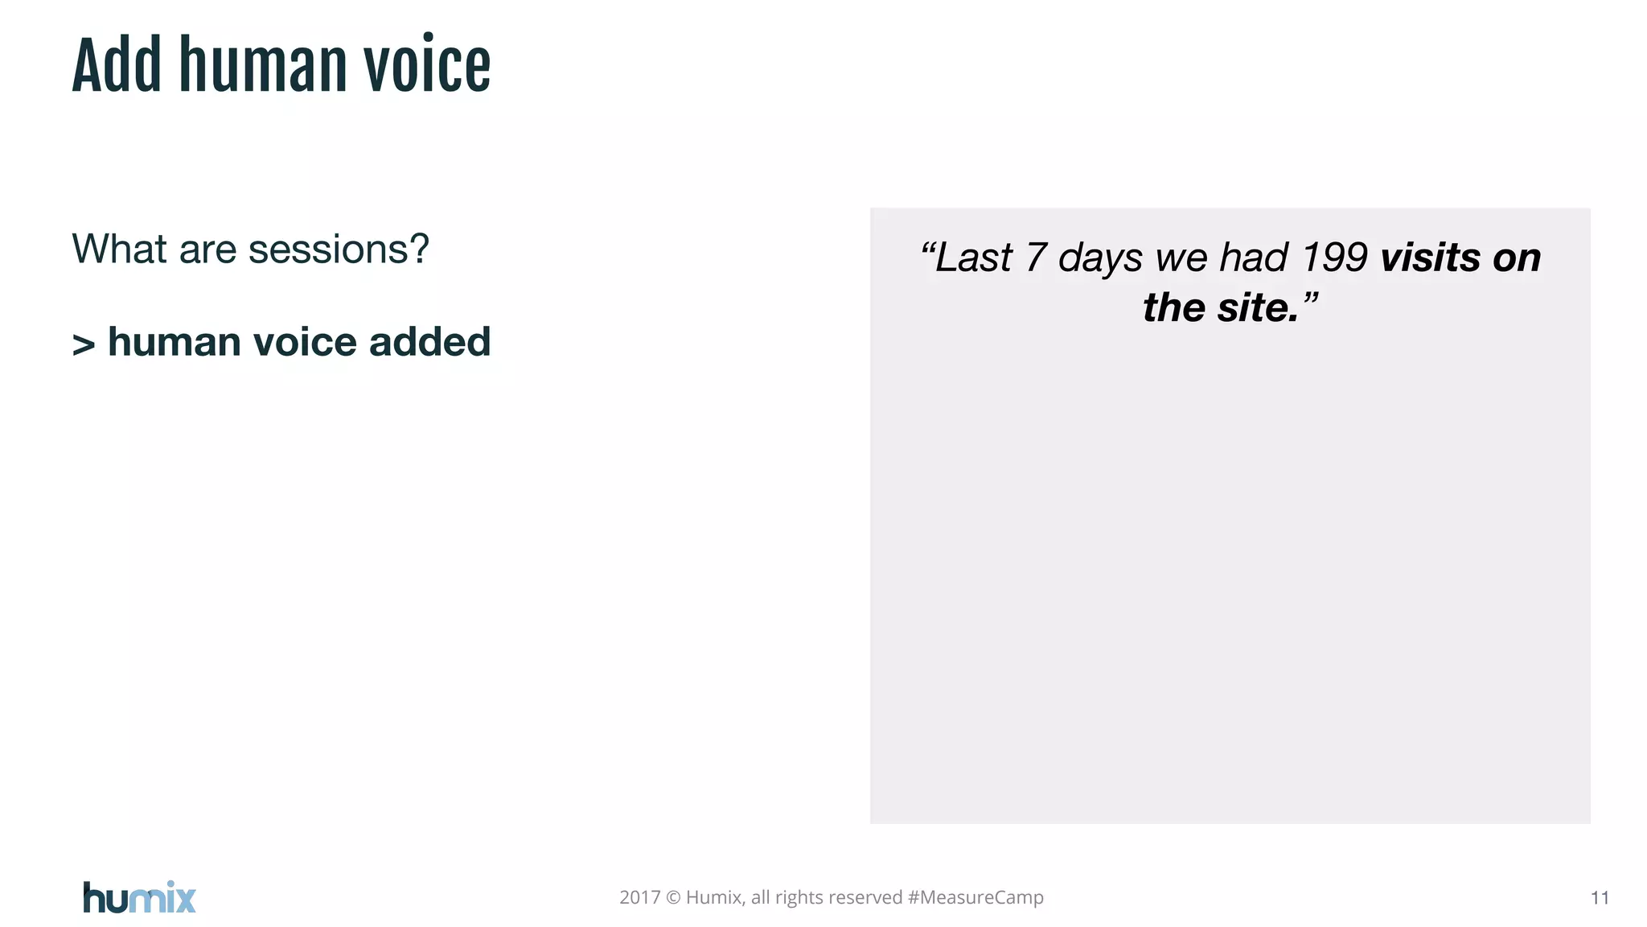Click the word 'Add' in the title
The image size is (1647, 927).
[117, 66]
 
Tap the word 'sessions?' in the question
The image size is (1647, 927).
[339, 249]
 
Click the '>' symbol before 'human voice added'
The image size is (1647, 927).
[84, 344]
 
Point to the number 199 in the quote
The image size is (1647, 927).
[1334, 258]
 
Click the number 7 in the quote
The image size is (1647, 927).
[1036, 258]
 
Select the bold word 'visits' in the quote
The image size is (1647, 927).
[1430, 258]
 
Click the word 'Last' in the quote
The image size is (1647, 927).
[973, 258]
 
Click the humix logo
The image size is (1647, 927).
[139, 897]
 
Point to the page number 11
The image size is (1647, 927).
[1600, 898]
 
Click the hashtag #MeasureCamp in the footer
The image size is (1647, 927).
[975, 898]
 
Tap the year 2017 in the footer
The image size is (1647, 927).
[639, 898]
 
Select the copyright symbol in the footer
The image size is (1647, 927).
[674, 898]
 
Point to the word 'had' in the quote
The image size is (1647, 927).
[1254, 258]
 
